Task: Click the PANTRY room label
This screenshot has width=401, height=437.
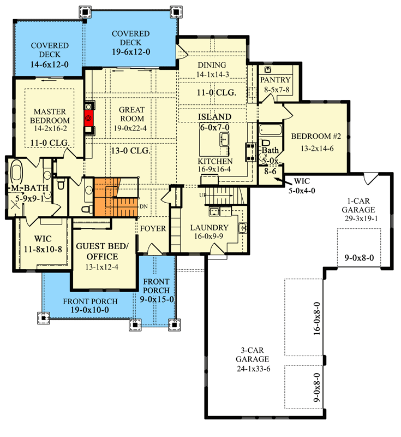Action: tap(276, 80)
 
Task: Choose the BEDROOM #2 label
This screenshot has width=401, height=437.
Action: tap(316, 137)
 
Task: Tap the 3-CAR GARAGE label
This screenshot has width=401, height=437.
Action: tap(252, 355)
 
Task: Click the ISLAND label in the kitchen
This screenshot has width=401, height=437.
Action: tap(215, 117)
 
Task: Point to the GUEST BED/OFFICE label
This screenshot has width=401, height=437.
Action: tap(104, 251)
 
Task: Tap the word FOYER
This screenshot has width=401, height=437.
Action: tap(152, 228)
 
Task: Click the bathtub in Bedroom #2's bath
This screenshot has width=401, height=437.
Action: tap(270, 130)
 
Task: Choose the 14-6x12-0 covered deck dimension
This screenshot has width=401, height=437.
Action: tap(49, 64)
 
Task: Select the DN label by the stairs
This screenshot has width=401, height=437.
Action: tap(143, 206)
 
